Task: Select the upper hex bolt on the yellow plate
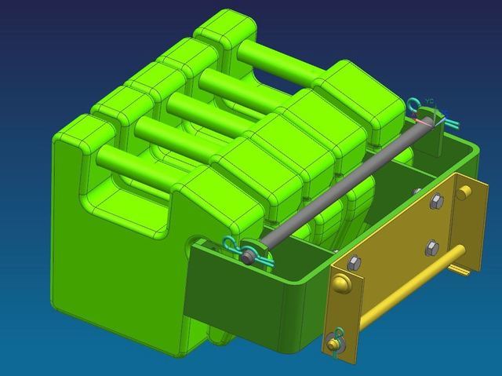tap(436, 202)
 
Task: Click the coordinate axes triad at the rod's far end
tap(427, 110)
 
